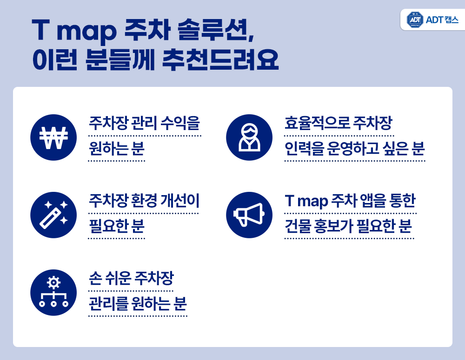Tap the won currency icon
pyautogui.click(x=53, y=137)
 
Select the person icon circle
pyautogui.click(x=249, y=137)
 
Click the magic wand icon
pyautogui.click(x=53, y=215)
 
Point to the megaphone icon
pyautogui.click(x=249, y=215)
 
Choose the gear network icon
pyautogui.click(x=53, y=293)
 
